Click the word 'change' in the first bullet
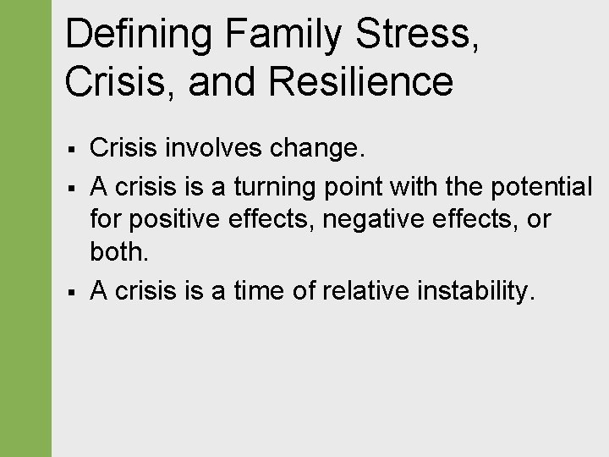(315, 149)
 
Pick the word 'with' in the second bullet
(420, 185)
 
